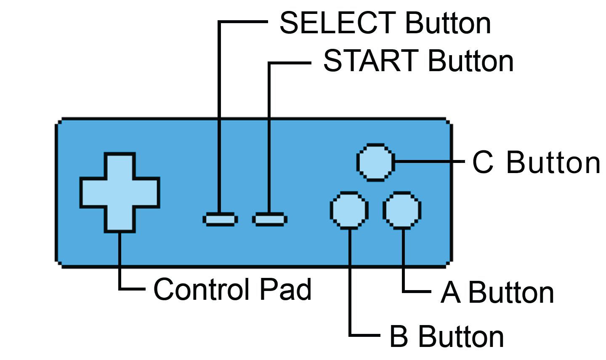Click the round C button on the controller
375,162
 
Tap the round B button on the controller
349,210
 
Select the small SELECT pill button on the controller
220,219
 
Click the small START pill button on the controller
270,219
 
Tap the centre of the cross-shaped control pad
120,192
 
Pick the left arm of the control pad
93,192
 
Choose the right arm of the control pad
147,192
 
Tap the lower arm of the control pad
120,219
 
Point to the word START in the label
370,61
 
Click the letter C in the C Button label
482,163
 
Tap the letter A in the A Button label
450,293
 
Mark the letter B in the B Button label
399,336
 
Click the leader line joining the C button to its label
429,161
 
